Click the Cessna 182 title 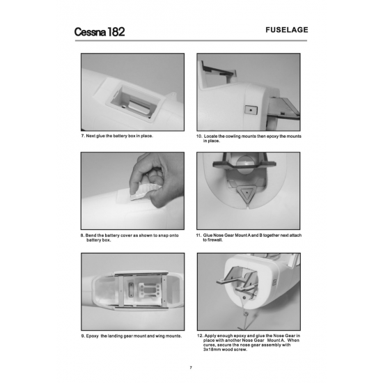click(100, 32)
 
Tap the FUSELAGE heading click(286, 30)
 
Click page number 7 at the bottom click(191, 368)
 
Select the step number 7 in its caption click(83, 136)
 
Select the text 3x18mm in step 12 click(212, 350)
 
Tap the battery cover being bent click(145, 192)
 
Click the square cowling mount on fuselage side click(251, 110)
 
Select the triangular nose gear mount click(247, 194)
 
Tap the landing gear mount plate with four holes click(148, 290)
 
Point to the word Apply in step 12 click(210, 336)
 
